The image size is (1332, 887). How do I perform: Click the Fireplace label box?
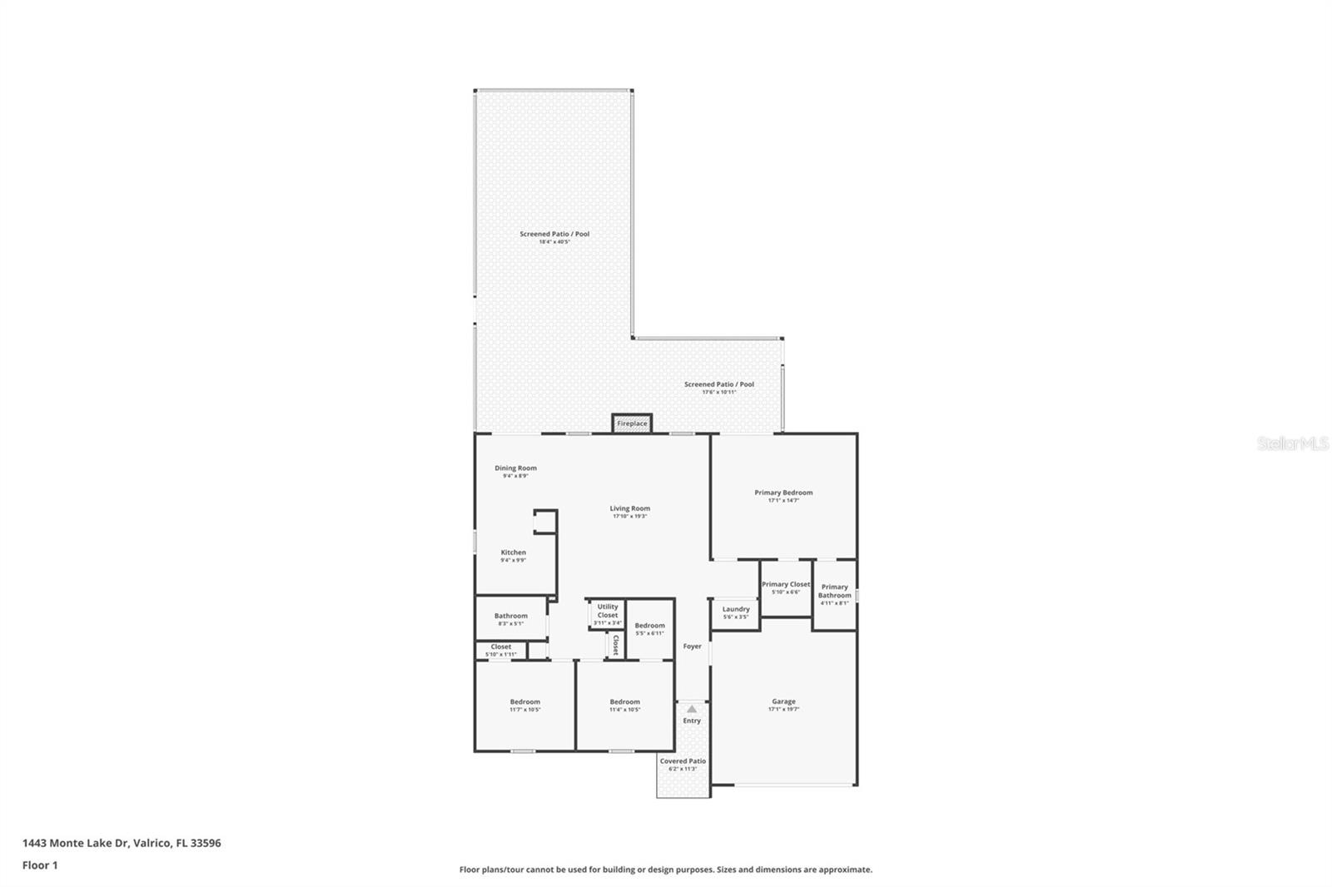tap(632, 424)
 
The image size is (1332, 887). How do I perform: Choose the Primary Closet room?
tap(785, 587)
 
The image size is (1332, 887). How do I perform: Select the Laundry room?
tap(735, 612)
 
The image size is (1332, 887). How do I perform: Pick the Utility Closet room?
tap(608, 614)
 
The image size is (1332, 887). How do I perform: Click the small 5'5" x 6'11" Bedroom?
tap(649, 628)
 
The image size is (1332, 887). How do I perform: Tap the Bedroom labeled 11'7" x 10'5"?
tap(524, 705)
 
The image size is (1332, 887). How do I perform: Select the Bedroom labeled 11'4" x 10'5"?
tap(624, 705)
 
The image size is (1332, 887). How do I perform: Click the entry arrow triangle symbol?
tap(692, 709)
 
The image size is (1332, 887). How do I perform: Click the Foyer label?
tap(692, 646)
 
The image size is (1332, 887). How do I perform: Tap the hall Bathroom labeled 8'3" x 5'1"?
tap(510, 619)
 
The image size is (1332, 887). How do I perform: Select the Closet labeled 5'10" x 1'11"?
tap(500, 650)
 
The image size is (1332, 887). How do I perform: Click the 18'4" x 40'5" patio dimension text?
tap(554, 242)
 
